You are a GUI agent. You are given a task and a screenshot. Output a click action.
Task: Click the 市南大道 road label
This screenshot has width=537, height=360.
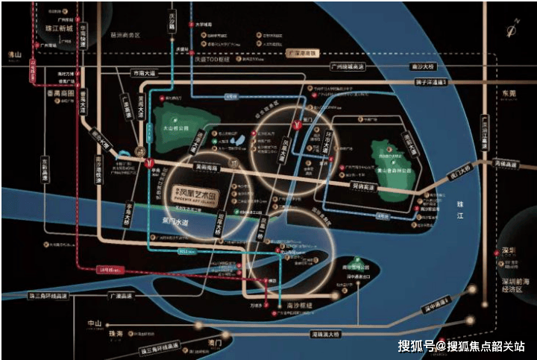(146, 73)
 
